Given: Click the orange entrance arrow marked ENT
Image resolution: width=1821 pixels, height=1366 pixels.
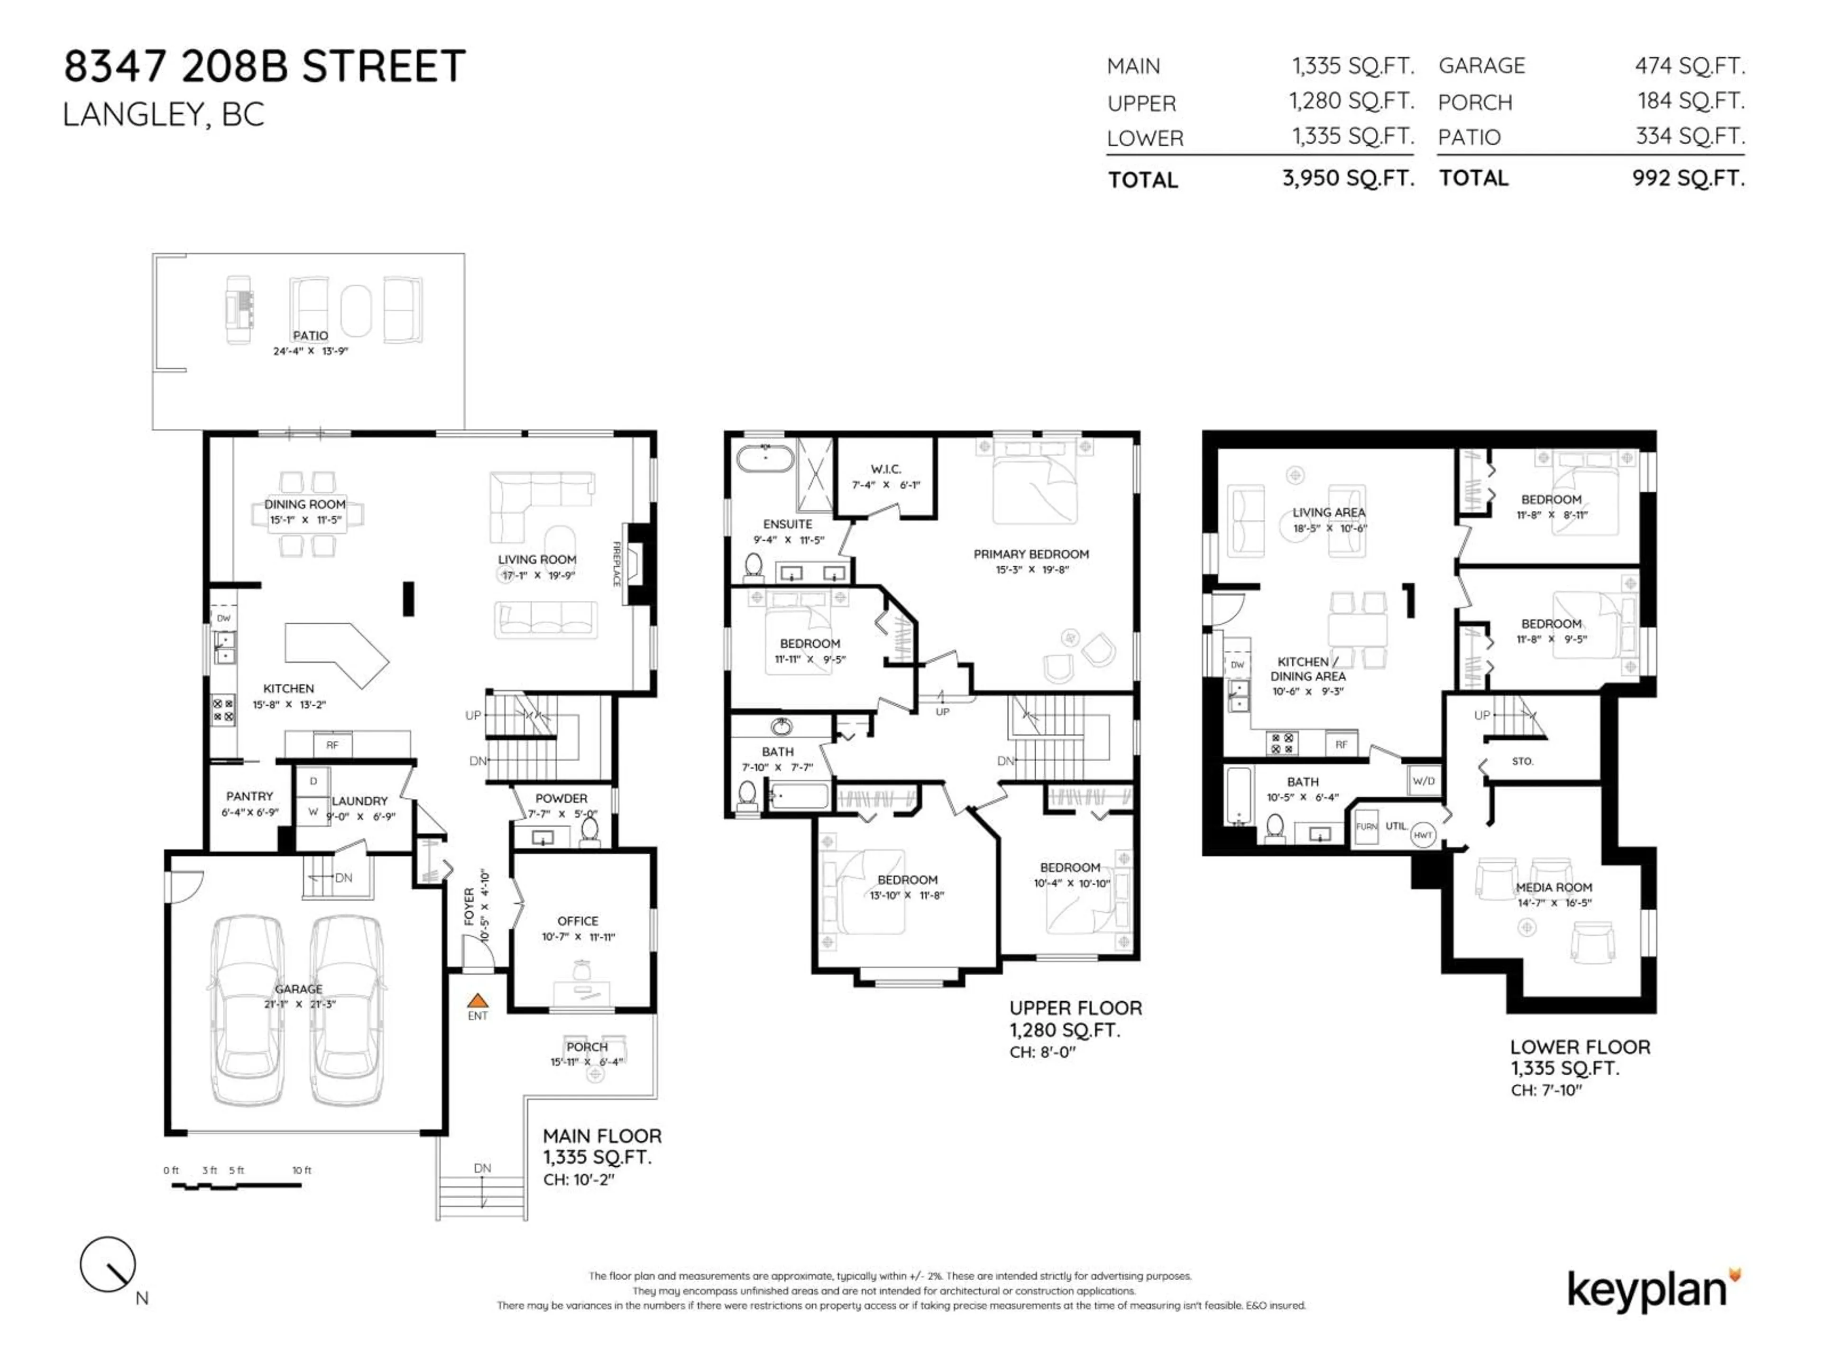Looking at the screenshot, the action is pyautogui.click(x=478, y=1001).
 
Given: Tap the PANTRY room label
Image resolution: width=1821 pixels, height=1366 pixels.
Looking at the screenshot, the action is pyautogui.click(x=249, y=796).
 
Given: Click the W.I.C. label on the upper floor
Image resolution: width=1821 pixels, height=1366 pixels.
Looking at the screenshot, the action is pyautogui.click(x=886, y=469).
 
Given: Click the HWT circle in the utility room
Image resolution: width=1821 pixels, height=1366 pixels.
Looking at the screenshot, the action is pyautogui.click(x=1423, y=835).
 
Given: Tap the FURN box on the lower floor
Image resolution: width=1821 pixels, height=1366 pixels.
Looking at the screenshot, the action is pyautogui.click(x=1366, y=827).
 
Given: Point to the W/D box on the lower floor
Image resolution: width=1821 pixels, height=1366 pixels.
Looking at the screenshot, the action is pyautogui.click(x=1424, y=781).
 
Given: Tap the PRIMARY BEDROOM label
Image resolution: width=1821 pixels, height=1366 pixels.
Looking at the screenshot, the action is pyautogui.click(x=1030, y=554).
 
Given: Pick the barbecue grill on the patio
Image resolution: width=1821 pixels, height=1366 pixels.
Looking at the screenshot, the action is pyautogui.click(x=239, y=310).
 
